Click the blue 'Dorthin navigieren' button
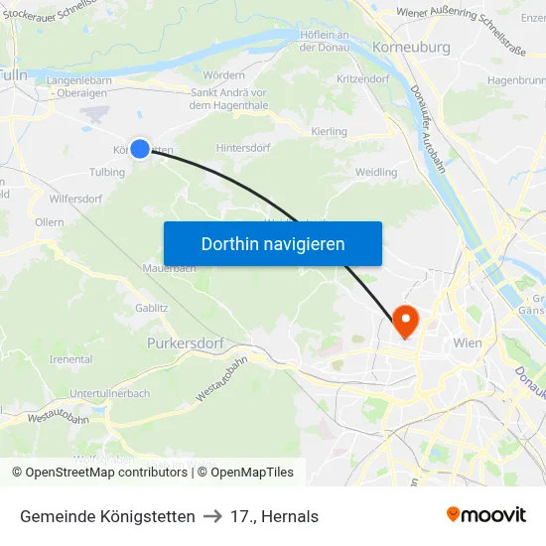(272, 244)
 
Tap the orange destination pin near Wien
(405, 321)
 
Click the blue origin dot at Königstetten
(140, 149)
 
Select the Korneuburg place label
(411, 48)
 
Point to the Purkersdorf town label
(182, 342)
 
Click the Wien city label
(467, 343)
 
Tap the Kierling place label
(330, 131)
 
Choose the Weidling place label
(376, 173)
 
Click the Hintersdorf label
(242, 148)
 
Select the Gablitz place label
(152, 308)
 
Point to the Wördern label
(223, 75)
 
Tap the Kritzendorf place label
(362, 77)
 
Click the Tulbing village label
(107, 172)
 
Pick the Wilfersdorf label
(75, 199)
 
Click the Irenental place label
(70, 358)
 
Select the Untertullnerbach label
(109, 393)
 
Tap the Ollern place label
(49, 223)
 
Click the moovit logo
(486, 515)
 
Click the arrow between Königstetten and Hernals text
(211, 516)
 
